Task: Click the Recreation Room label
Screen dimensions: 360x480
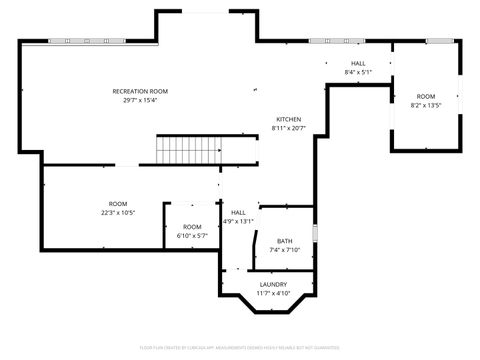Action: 140,91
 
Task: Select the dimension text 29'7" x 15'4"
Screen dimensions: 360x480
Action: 140,100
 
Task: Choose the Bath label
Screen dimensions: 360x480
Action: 285,241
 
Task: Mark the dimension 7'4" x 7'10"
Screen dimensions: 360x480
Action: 285,250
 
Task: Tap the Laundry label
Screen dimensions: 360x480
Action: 273,284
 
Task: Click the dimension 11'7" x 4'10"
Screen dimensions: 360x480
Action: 273,293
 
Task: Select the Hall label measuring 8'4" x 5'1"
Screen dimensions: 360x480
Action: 358,63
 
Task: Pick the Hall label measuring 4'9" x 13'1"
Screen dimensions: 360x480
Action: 238,212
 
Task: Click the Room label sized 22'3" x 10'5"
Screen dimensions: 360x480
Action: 118,203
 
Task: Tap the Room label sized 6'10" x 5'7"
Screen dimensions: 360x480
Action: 192,227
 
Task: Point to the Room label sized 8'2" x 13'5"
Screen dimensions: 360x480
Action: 427,96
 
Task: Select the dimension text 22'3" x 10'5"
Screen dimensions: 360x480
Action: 118,212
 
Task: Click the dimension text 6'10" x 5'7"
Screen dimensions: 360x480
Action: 192,236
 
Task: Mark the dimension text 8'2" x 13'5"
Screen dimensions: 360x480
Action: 427,105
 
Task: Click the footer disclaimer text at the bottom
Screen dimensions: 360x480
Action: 240,347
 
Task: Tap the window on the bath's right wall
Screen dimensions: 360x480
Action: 314,233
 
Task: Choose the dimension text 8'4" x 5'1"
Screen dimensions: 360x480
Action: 358,72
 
